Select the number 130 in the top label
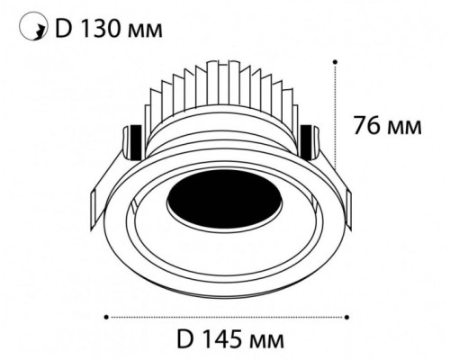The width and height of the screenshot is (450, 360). pyautogui.click(x=103, y=30)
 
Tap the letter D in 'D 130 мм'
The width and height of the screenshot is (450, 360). pyautogui.click(x=64, y=30)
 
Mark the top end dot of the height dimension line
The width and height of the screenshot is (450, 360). pyautogui.click(x=336, y=62)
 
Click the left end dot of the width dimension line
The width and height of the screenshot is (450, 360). pyautogui.click(x=107, y=316)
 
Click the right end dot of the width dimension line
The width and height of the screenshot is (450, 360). pyautogui.click(x=346, y=316)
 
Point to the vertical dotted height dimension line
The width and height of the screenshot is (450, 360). pyautogui.click(x=336, y=126)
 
